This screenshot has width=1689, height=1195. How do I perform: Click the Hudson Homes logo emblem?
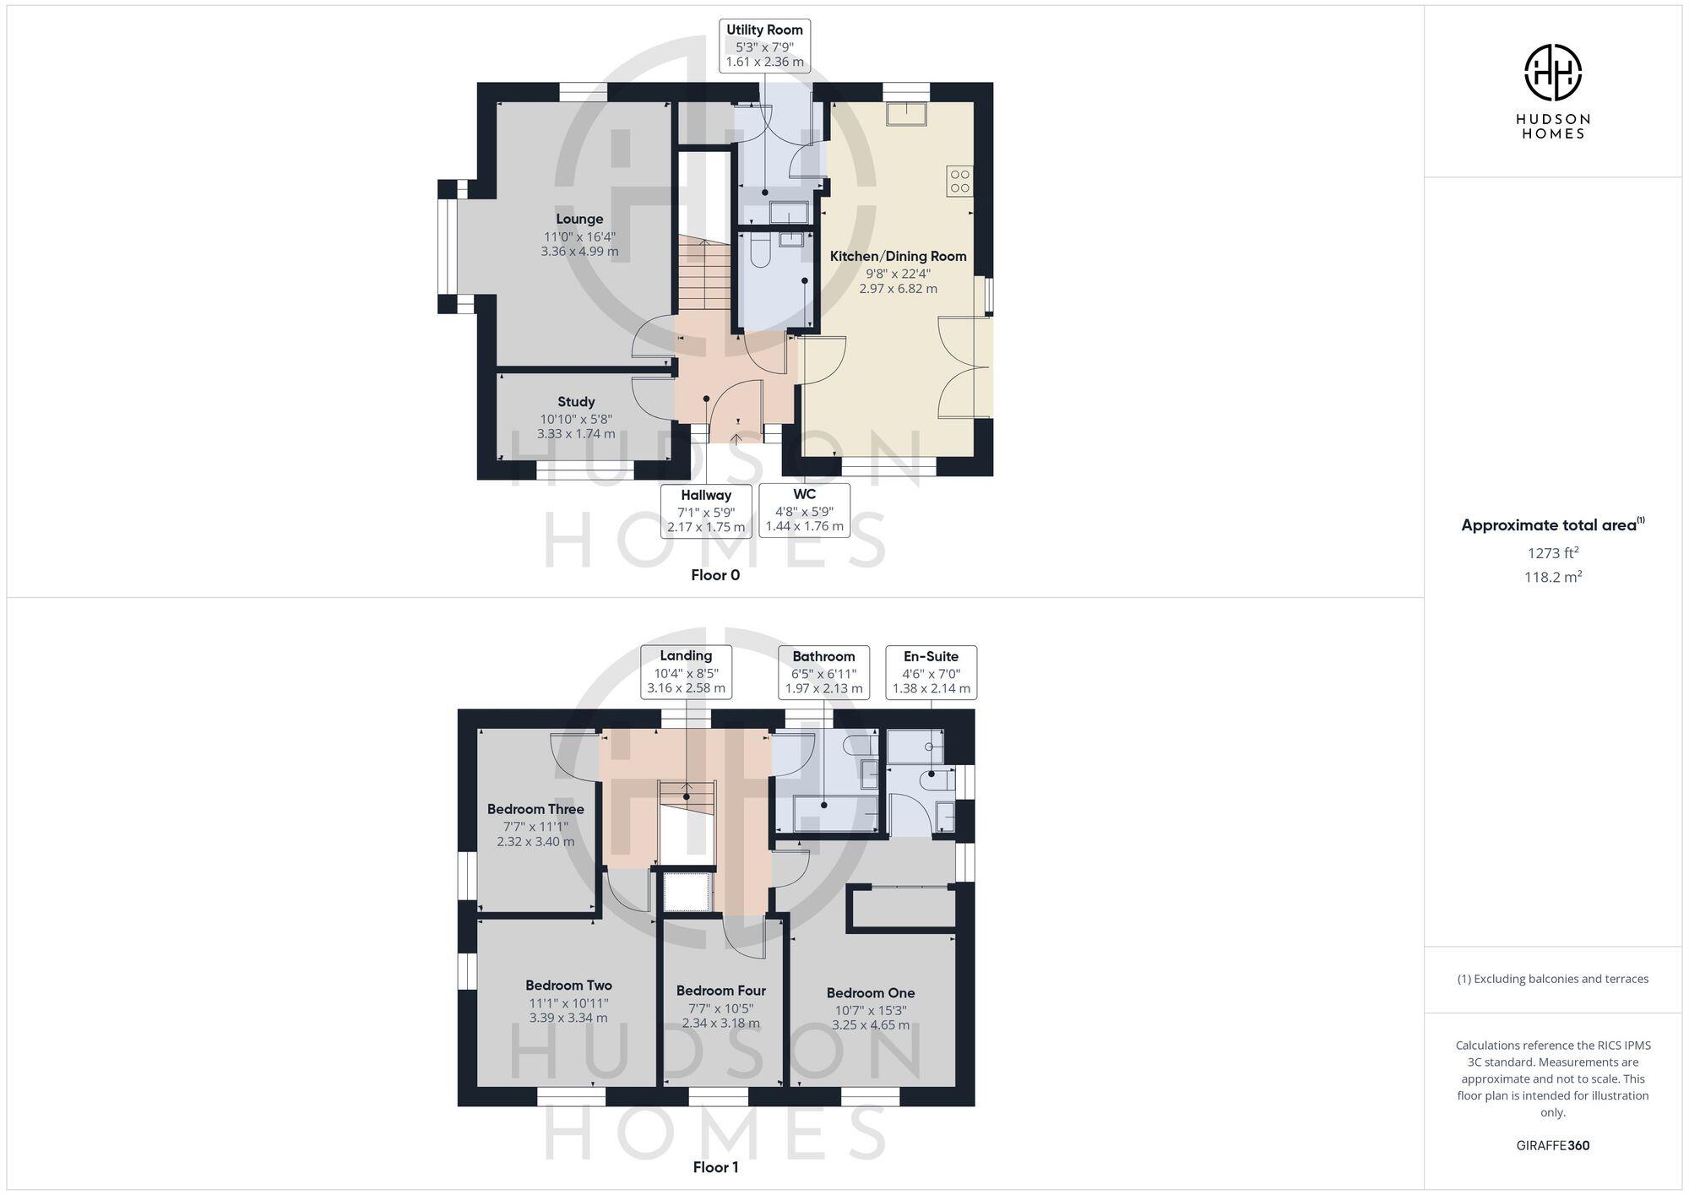[1552, 73]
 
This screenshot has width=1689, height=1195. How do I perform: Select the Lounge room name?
[579, 220]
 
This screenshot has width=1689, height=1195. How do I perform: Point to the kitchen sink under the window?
[906, 114]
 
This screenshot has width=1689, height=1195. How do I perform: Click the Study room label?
[576, 402]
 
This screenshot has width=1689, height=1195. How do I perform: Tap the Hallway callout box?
[706, 511]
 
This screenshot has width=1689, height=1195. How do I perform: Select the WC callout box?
[804, 511]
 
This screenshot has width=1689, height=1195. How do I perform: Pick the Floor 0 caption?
[715, 575]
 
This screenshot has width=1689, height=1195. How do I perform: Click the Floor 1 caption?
[715, 1167]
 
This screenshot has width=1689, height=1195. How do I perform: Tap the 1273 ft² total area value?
[1552, 553]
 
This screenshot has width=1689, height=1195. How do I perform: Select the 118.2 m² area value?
[1552, 578]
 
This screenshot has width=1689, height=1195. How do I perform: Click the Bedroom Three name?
[535, 809]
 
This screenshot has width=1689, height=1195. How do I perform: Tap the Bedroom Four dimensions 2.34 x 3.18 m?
[721, 1024]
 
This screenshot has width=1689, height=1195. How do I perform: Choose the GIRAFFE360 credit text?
[1552, 1146]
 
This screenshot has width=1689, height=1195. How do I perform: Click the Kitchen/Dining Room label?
[898, 257]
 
